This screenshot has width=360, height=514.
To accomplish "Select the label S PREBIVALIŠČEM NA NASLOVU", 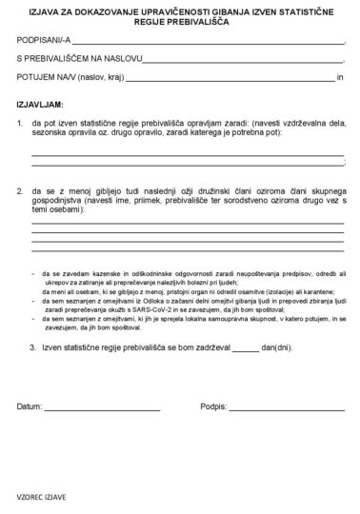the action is (76, 60).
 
